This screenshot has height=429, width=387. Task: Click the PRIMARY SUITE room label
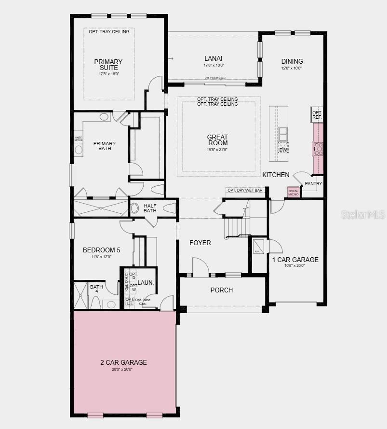pyautogui.click(x=108, y=65)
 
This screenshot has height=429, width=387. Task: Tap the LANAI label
pyautogui.click(x=213, y=58)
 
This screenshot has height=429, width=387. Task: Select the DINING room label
pyautogui.click(x=292, y=61)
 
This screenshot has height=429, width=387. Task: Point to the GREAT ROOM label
pyautogui.click(x=217, y=140)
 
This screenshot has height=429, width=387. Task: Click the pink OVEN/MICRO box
pyautogui.click(x=294, y=192)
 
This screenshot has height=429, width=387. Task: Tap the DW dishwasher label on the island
pyautogui.click(x=283, y=150)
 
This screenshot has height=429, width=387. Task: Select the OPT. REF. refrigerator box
pyautogui.click(x=317, y=115)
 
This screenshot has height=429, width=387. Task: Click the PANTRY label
pyautogui.click(x=313, y=184)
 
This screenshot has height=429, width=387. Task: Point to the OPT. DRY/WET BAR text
pyautogui.click(x=245, y=190)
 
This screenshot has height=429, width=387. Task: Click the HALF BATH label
pyautogui.click(x=150, y=208)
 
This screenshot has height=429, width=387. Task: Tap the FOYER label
pyautogui.click(x=200, y=243)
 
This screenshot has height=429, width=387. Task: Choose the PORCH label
pyautogui.click(x=222, y=290)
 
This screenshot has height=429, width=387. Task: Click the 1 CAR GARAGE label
pyautogui.click(x=295, y=260)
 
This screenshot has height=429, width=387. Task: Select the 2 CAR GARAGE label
pyautogui.click(x=123, y=362)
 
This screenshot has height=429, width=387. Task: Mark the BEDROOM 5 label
pyautogui.click(x=101, y=250)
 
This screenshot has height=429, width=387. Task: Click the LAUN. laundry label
pyautogui.click(x=146, y=283)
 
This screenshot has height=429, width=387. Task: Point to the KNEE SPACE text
pyautogui.click(x=78, y=139)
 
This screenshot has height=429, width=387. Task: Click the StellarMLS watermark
pyautogui.click(x=363, y=214)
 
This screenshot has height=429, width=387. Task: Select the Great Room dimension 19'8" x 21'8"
pyautogui.click(x=217, y=150)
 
